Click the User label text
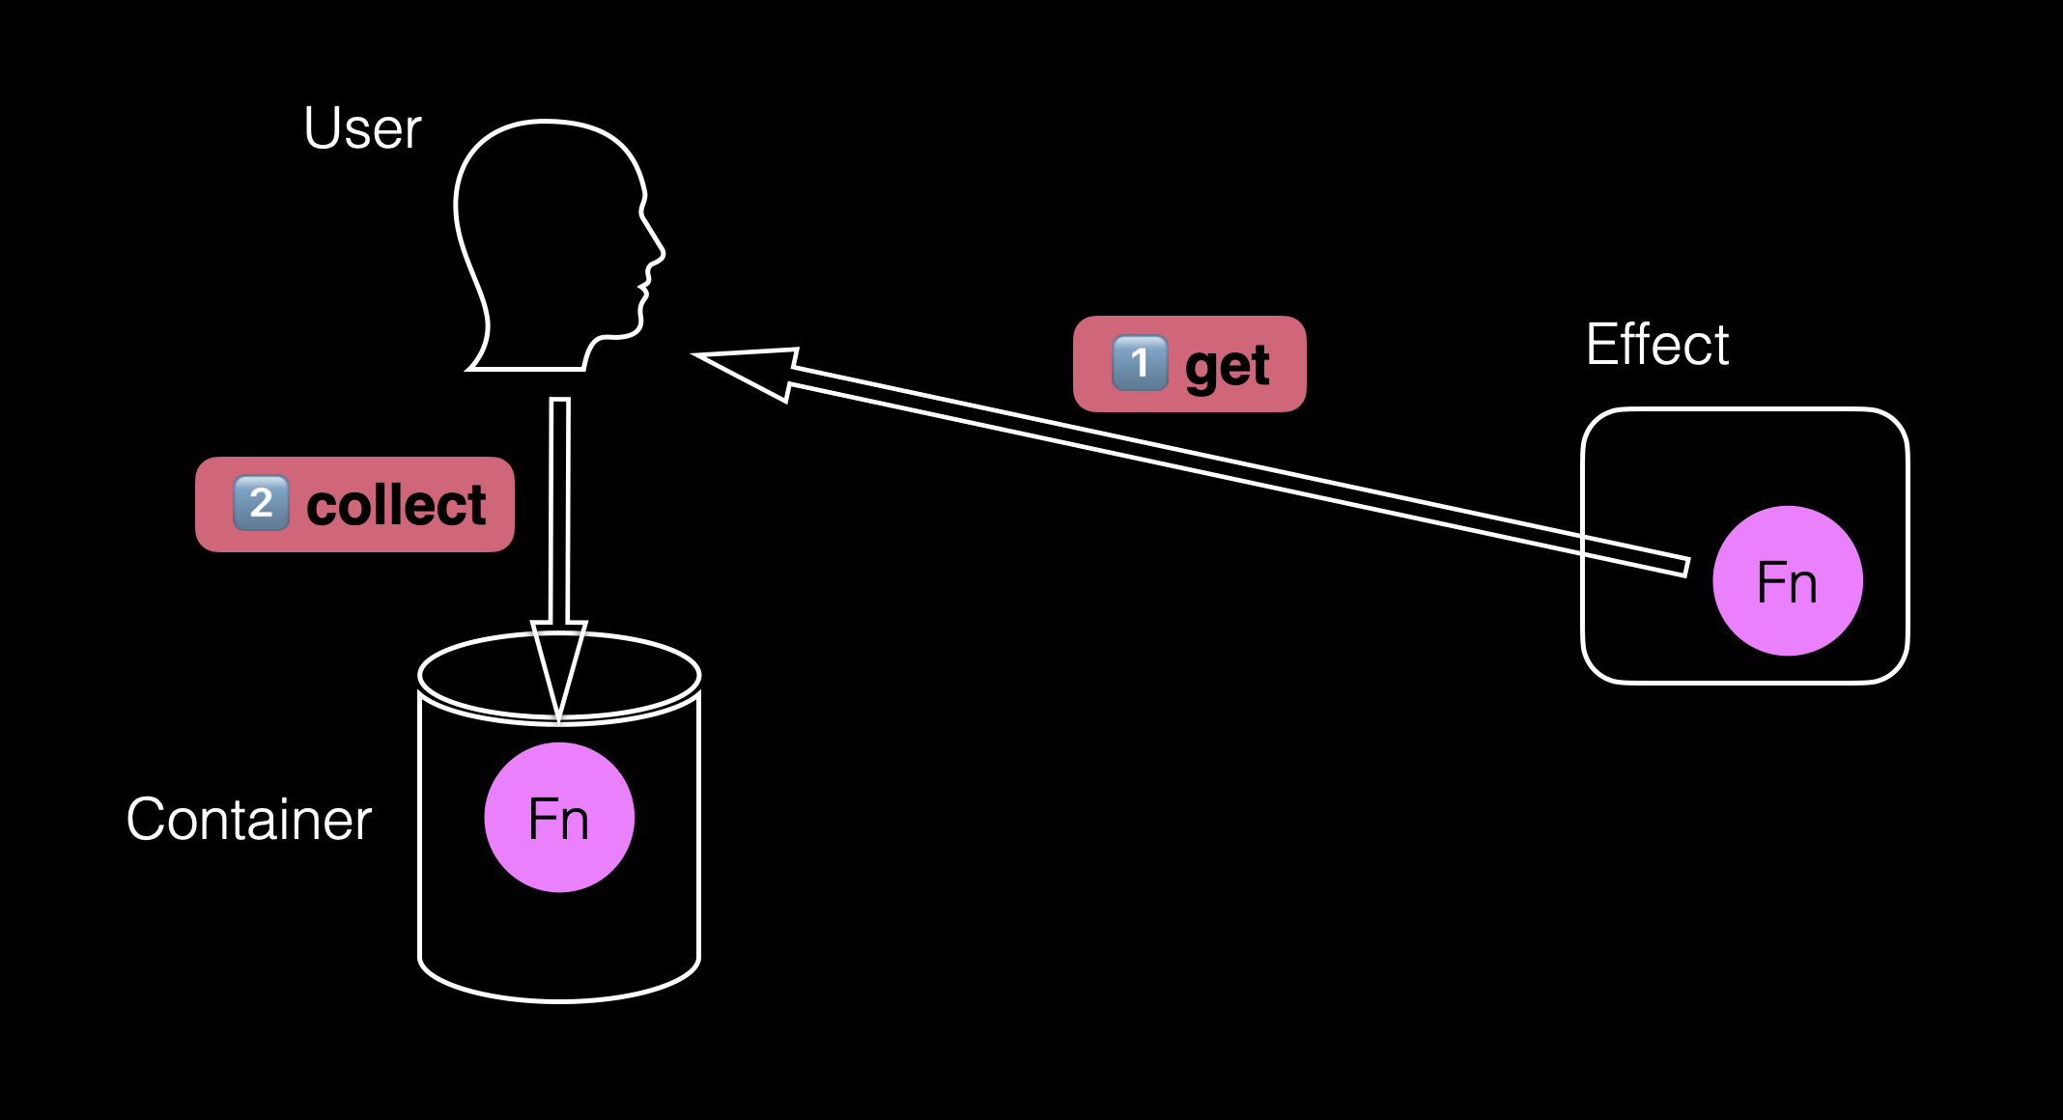click(362, 128)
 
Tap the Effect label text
click(1657, 345)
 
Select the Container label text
click(248, 820)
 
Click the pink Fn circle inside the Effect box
click(1787, 580)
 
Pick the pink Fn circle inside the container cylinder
click(559, 817)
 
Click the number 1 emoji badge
click(1140, 363)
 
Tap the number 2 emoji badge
click(261, 503)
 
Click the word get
click(1228, 367)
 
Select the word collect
click(396, 505)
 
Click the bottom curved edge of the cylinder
click(559, 1000)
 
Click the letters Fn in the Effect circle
click(1787, 583)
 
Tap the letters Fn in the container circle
click(559, 820)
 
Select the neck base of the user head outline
click(526, 368)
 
